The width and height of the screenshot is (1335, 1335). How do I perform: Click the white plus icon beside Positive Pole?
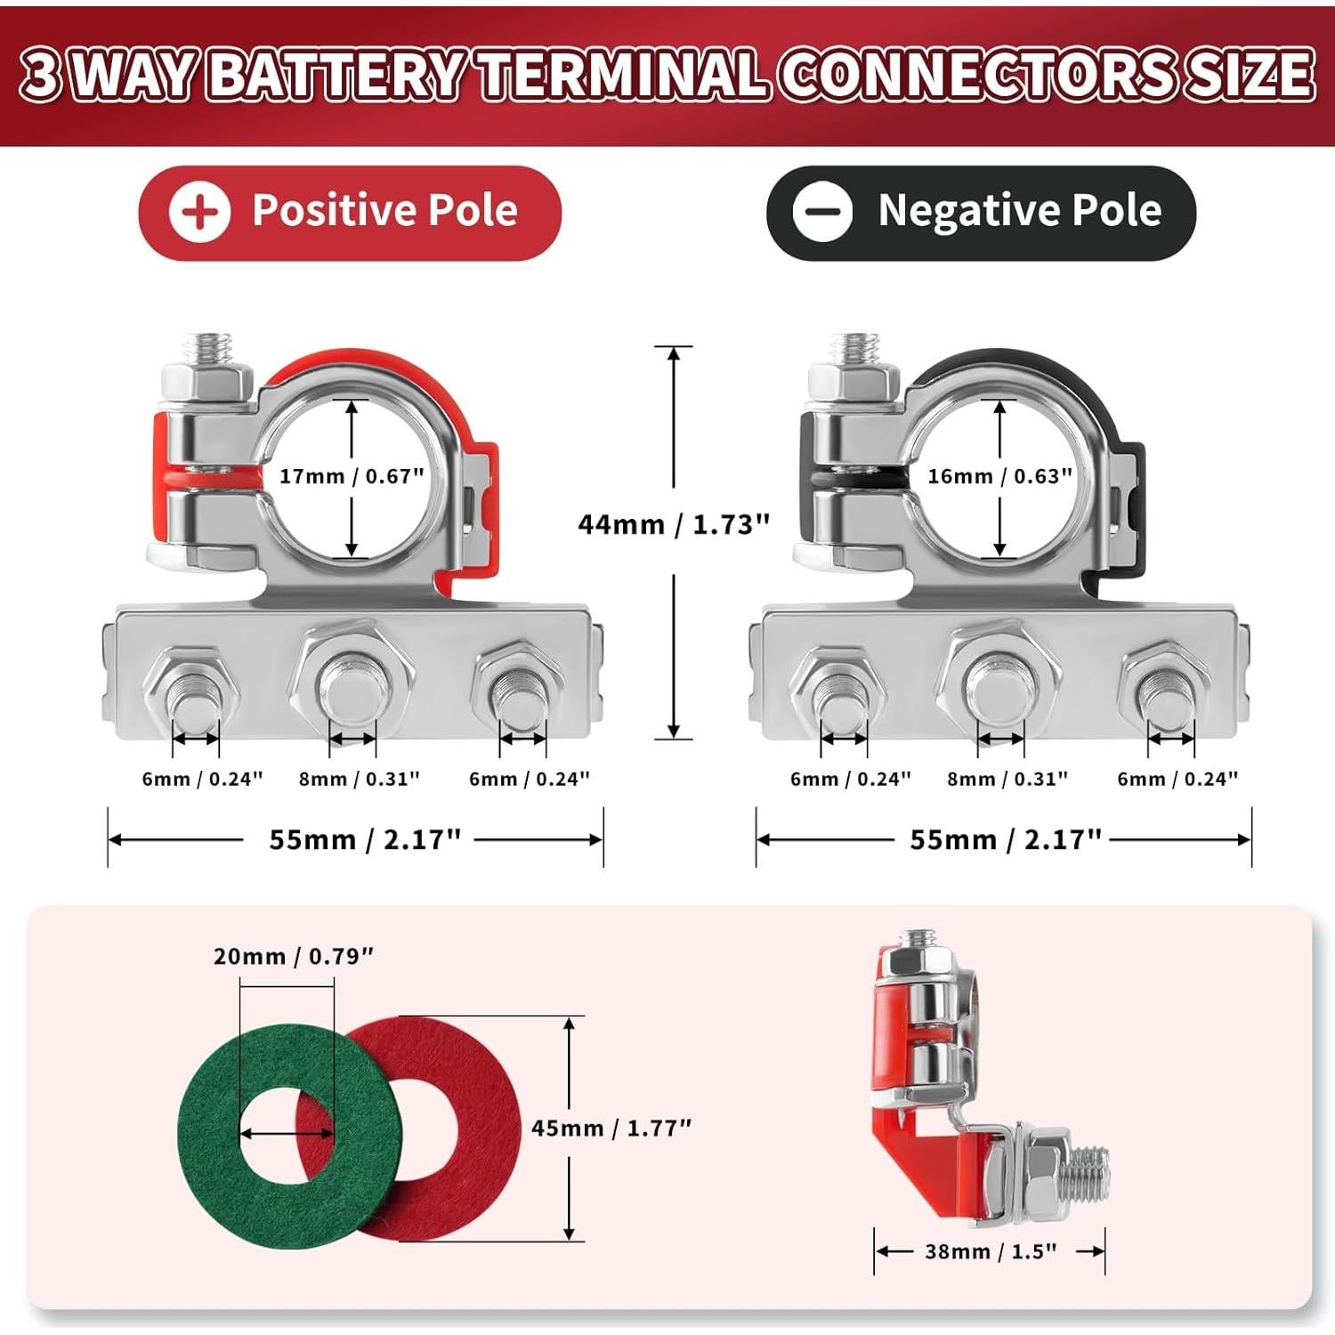(200, 213)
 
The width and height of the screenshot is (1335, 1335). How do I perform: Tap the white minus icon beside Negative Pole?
(821, 212)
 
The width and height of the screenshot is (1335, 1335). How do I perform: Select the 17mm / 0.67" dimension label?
(352, 476)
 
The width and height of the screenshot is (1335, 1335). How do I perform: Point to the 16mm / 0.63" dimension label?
(999, 476)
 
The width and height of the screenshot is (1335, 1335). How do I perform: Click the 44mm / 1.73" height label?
(674, 524)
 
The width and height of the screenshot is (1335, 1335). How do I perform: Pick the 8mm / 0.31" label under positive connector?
(359, 779)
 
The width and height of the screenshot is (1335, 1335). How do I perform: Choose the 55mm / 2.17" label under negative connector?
(1005, 839)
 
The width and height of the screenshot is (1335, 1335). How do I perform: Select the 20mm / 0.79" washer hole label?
(293, 957)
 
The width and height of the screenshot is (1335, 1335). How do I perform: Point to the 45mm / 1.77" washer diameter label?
(611, 1128)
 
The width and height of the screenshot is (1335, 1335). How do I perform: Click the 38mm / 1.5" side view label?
(990, 1251)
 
